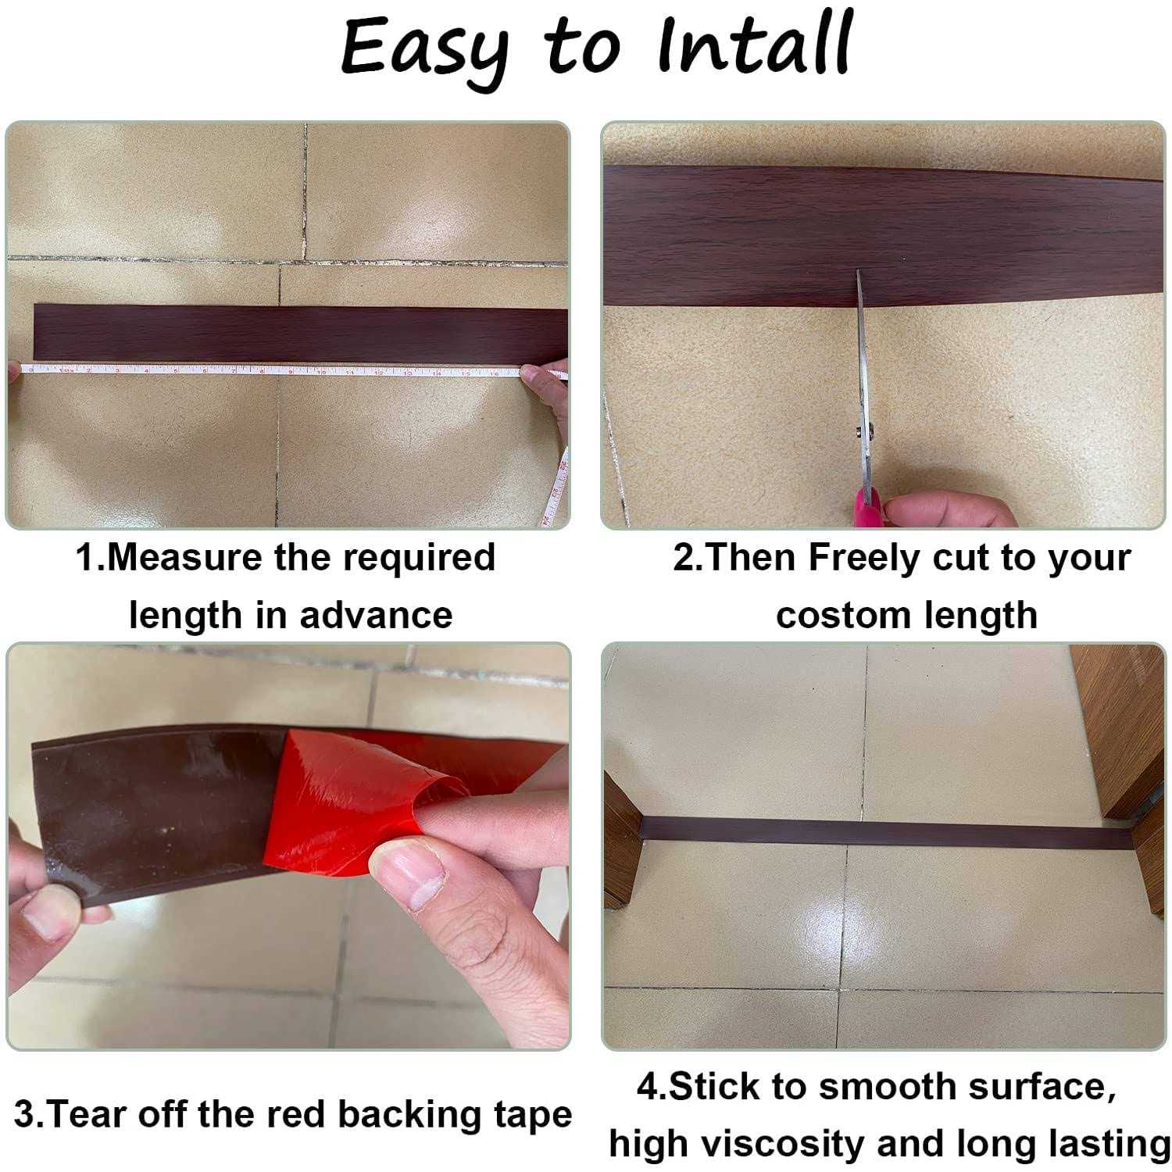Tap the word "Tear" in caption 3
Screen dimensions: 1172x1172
88,1114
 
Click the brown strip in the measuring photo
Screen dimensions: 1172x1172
301,334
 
